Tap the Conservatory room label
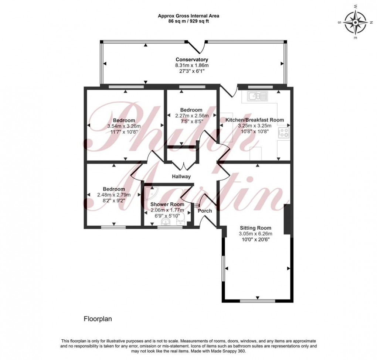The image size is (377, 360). [x=191, y=59]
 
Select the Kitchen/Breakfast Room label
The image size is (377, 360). [x=255, y=120]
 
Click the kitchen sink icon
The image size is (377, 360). [x=257, y=97]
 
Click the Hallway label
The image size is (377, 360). [x=181, y=176]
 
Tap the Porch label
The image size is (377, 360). [x=205, y=211]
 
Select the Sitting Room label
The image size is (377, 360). [x=255, y=228]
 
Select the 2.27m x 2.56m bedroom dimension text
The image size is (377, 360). [x=191, y=116]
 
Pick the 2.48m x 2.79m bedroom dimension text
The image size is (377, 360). [x=114, y=195]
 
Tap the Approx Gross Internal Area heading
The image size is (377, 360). [x=188, y=16]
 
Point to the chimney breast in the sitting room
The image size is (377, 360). [x=286, y=219]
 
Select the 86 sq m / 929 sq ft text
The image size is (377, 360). [x=188, y=21]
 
